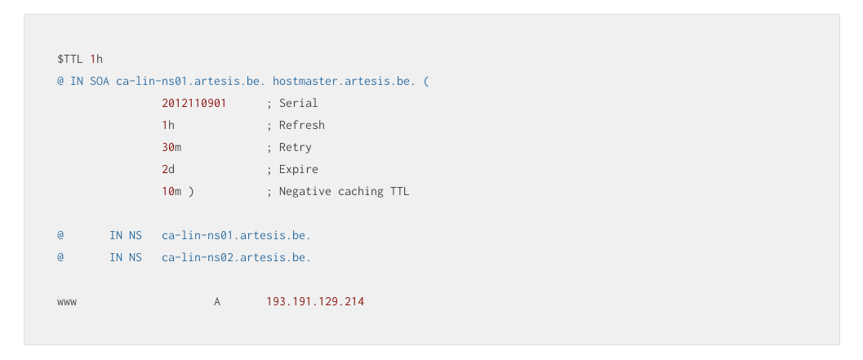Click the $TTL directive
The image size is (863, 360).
coord(70,59)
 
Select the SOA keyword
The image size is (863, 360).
coord(100,82)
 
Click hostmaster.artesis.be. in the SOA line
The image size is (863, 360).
coord(345,82)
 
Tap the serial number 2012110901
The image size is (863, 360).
coord(194,104)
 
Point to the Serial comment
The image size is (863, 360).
coord(292,104)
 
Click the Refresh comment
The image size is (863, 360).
coord(296,126)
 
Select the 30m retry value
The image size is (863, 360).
coord(171,148)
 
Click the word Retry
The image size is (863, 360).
coord(295,148)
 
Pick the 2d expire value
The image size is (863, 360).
coord(168,170)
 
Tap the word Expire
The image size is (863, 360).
coord(298,170)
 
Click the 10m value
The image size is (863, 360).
coord(171,192)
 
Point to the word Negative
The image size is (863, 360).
coord(305,192)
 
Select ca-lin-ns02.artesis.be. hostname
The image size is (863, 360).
coord(237,258)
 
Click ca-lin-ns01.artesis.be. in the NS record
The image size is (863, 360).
coord(237,236)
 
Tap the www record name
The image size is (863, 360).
coord(67,302)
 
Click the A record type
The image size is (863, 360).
coord(217,302)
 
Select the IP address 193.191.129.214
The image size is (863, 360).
coord(315,302)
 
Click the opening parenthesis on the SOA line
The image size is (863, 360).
coord(426,82)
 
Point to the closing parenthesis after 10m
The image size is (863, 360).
coord(191,192)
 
